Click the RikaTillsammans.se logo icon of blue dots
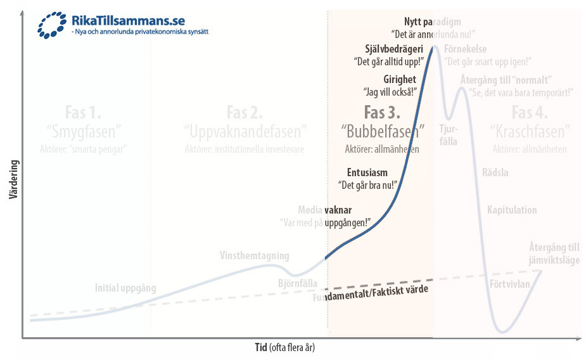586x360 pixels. coord(53,24)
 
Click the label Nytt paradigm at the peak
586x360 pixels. coord(432,20)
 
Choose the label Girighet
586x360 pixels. coord(400,79)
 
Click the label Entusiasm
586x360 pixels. coord(367,172)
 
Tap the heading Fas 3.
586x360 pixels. coord(382,112)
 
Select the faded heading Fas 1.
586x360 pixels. coord(84,113)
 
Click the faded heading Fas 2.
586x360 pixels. coord(245,112)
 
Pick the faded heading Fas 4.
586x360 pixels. coord(530,113)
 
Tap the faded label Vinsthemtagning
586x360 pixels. coord(254,256)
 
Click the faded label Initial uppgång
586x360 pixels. coord(125,288)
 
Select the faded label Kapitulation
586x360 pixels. coord(512,210)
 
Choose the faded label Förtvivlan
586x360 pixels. coord(510,283)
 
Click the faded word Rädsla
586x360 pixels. coord(495,172)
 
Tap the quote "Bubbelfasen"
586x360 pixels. coord(383,131)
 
